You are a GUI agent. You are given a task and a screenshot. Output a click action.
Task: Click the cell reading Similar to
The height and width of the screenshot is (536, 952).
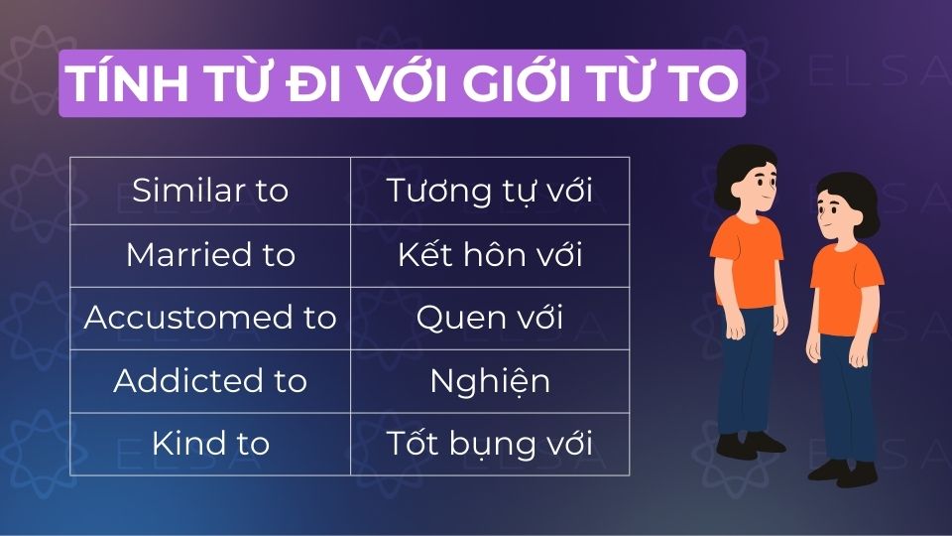click(210, 191)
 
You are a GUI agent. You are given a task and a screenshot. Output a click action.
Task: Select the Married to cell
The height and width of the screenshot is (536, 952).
click(210, 255)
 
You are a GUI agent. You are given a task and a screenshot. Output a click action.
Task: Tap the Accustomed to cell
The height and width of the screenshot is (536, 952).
click(210, 318)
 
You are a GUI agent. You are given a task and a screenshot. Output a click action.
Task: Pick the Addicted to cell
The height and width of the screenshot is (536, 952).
click(210, 381)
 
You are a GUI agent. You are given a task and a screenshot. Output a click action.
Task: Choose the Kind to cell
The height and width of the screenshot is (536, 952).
click(210, 444)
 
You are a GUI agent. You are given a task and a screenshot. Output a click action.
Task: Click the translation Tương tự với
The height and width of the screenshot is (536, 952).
click(490, 191)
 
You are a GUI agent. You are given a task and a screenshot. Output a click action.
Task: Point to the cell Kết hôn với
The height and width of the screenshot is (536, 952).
click(490, 255)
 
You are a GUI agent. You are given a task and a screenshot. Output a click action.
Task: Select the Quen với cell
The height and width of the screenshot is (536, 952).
click(490, 318)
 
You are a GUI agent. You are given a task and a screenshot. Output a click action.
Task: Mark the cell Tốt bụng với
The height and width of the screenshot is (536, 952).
click(490, 444)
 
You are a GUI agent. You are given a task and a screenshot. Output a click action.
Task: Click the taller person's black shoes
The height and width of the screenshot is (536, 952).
click(751, 445)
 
